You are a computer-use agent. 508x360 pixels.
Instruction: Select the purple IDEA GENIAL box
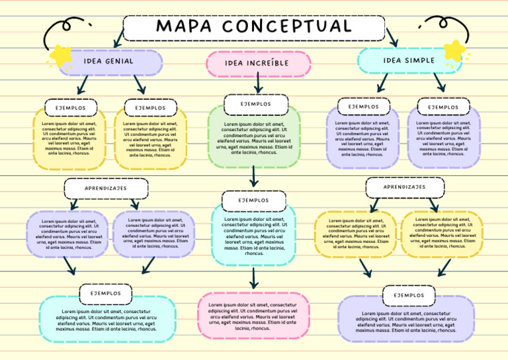point(109,62)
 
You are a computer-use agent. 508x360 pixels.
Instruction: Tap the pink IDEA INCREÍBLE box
point(257,64)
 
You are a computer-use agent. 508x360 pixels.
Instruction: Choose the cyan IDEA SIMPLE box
point(409,60)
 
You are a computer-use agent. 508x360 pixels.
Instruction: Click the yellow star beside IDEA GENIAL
point(62,56)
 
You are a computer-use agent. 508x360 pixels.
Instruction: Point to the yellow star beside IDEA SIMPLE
point(454,50)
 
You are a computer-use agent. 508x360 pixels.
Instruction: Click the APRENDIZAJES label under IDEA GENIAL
point(106,189)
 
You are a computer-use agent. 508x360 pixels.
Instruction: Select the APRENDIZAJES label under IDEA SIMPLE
point(405,187)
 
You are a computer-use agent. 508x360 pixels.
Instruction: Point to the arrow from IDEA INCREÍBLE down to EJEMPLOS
point(258,83)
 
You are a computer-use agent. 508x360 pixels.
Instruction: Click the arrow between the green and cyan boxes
point(254,176)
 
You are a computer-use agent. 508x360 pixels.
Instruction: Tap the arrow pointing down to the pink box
point(253,277)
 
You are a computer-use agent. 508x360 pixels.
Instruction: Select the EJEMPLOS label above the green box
point(256,105)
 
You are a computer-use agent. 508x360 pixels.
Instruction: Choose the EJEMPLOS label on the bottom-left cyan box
point(106,293)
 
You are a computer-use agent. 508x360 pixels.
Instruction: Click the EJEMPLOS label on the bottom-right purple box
point(409,295)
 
